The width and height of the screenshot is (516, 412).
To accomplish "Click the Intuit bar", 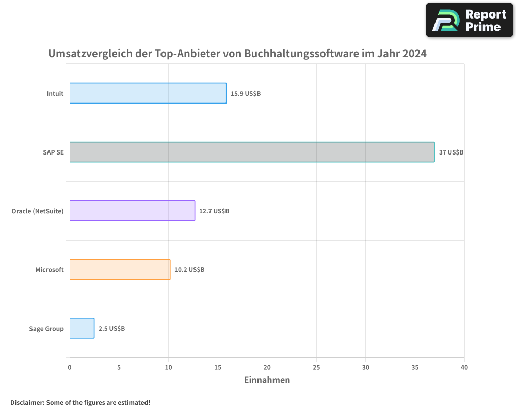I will (x=148, y=93).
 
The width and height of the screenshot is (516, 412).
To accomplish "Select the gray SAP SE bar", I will (x=252, y=152).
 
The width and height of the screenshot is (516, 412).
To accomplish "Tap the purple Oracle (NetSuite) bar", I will (x=132, y=211).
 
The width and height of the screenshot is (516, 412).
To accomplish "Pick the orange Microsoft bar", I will (x=120, y=269).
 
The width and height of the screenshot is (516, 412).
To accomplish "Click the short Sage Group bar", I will (x=82, y=328).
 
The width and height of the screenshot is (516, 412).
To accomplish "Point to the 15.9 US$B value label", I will (x=246, y=94).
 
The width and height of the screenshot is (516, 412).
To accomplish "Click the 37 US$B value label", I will (x=451, y=152).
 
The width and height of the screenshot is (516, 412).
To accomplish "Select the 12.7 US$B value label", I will (x=214, y=211).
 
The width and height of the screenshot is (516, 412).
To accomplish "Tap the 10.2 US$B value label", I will (x=189, y=270).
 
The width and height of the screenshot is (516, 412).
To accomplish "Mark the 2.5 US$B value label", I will (x=111, y=329).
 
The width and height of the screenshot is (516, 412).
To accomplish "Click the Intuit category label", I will (x=55, y=94).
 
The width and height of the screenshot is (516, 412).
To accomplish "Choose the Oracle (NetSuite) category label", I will (x=38, y=211).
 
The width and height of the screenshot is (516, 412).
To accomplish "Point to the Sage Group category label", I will (x=46, y=329).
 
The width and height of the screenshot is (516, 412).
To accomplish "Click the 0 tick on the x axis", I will (x=70, y=367).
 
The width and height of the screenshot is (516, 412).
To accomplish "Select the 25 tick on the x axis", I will (x=316, y=367).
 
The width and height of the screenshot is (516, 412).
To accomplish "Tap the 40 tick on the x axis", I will (x=464, y=367).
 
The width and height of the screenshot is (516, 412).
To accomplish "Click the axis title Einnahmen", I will (x=267, y=380).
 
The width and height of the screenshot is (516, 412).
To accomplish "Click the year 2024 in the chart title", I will (x=415, y=54).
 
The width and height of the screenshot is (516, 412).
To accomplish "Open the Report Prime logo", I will (x=470, y=20).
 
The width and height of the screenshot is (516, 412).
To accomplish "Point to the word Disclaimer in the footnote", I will (x=26, y=402).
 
